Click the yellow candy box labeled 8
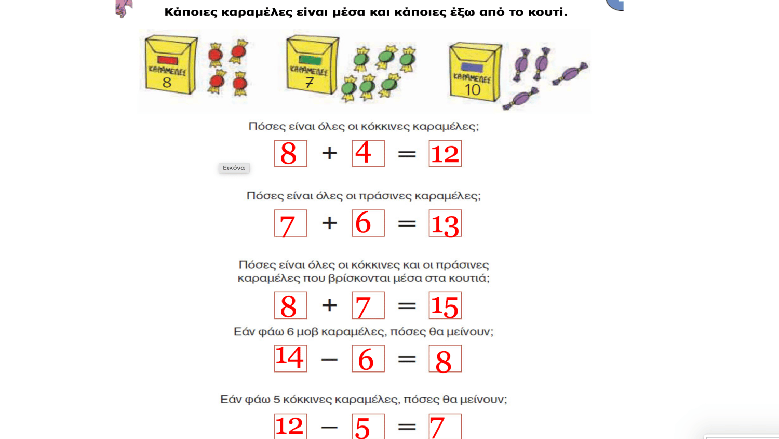click(171, 65)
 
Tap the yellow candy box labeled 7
click(312, 65)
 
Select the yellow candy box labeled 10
click(475, 72)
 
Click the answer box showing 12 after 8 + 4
click(445, 153)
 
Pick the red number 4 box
click(368, 153)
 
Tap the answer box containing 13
click(445, 223)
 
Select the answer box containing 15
click(445, 305)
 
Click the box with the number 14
click(290, 358)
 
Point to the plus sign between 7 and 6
click(329, 223)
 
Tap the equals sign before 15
click(407, 306)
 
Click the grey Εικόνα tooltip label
click(234, 168)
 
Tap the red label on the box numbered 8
click(168, 60)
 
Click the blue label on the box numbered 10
click(472, 68)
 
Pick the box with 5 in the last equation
click(368, 426)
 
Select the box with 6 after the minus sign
click(368, 358)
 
